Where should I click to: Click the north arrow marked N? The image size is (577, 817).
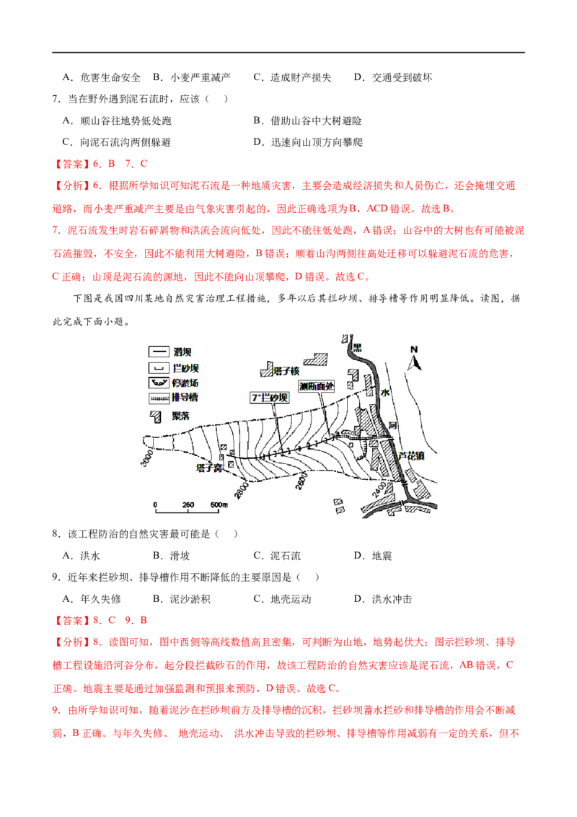coord(413,359)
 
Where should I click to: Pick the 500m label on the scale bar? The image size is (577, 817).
coord(219,504)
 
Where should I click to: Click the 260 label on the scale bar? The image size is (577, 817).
coord(188,504)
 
